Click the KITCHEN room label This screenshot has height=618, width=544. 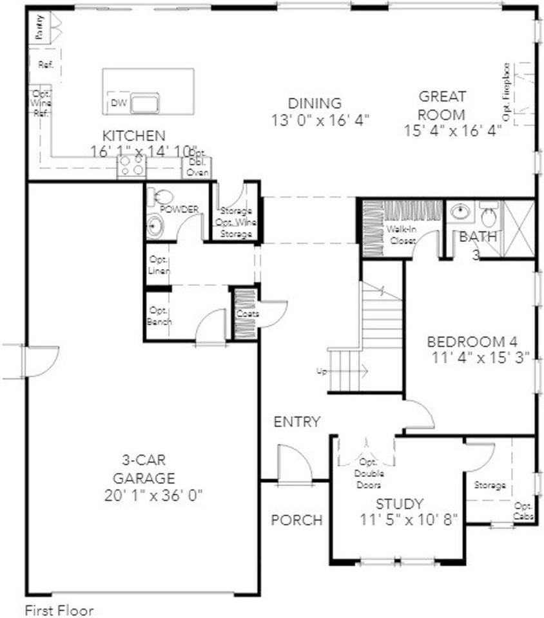pos(134,136)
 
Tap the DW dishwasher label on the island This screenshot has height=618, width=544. pos(118,103)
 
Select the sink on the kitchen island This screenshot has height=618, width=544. pos(145,102)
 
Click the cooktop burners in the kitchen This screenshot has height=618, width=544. pos(131,169)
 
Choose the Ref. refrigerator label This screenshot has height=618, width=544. pos(45,64)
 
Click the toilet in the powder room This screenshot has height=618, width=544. pos(162,196)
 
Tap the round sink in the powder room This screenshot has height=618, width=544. pos(155,225)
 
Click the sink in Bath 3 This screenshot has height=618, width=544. pos(460,211)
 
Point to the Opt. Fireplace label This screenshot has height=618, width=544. pos(507,91)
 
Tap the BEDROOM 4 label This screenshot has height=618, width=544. pos(472,341)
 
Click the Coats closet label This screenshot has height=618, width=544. pos(247,314)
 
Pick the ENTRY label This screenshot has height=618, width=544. pos(296,422)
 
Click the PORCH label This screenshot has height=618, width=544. pos(296,520)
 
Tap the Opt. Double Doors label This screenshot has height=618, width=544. pos(368,474)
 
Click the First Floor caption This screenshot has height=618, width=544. pos(59,609)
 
